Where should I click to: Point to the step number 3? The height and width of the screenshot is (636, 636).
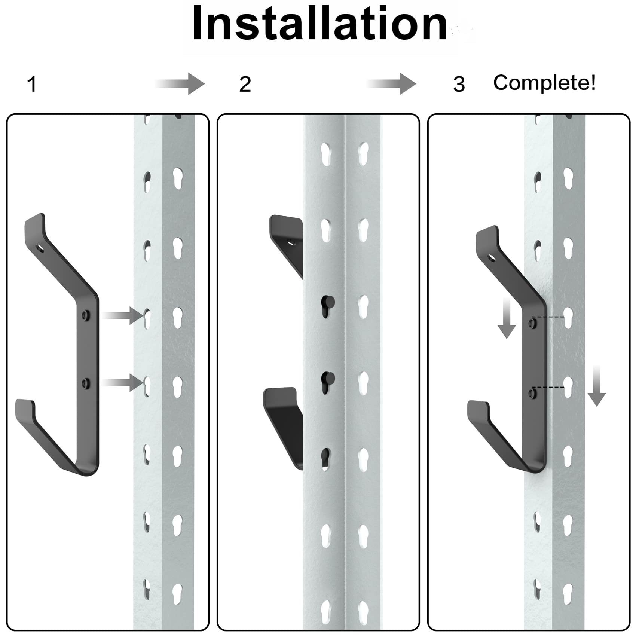click(459, 84)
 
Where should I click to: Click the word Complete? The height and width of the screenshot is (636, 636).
click(544, 82)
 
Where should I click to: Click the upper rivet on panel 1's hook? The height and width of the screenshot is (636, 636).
click(86, 315)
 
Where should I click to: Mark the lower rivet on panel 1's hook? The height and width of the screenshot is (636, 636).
click(86, 383)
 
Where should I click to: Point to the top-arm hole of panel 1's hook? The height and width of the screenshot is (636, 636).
click(39, 248)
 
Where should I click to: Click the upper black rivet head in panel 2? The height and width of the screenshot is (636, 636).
click(328, 300)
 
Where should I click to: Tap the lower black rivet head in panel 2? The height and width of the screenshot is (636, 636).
click(329, 377)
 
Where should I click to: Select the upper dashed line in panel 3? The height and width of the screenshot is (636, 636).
click(548, 317)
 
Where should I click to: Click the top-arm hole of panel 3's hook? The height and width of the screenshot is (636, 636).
click(490, 258)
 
